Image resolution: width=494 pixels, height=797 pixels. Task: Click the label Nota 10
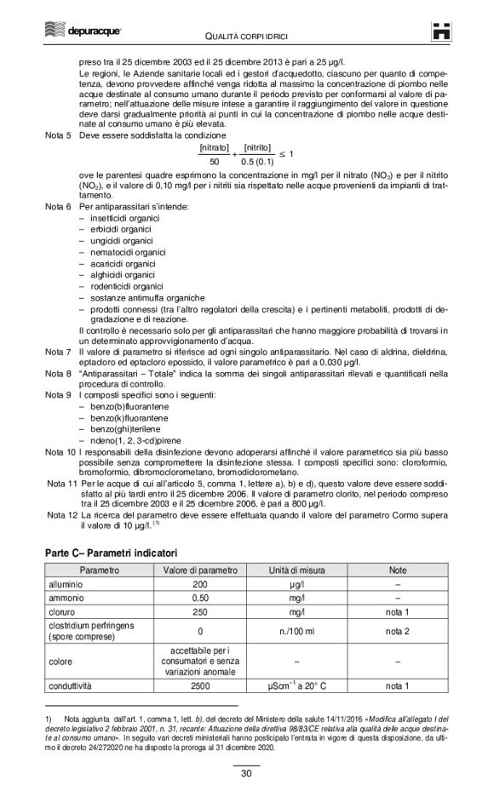[59, 452]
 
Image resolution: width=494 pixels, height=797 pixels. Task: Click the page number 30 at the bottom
[246, 774]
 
